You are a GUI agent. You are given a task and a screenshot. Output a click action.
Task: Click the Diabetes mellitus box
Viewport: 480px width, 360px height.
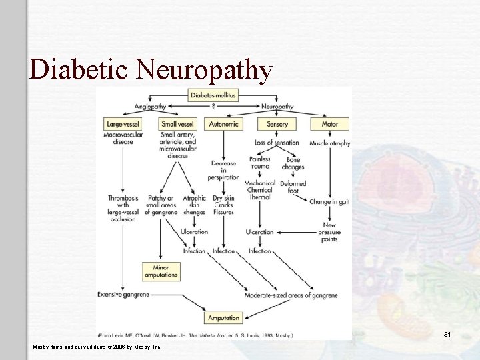tap(213, 95)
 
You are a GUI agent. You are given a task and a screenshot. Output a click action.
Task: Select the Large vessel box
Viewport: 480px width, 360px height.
tap(123, 123)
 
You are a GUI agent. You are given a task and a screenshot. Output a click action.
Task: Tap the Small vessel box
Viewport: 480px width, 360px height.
tap(177, 123)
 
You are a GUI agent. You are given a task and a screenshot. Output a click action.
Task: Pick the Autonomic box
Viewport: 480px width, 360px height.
tap(224, 124)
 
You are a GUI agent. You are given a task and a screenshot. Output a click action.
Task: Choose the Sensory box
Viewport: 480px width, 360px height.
tap(277, 124)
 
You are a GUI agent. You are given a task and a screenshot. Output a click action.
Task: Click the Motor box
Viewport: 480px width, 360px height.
tap(329, 124)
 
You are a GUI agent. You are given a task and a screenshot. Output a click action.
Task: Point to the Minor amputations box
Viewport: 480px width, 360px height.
tap(161, 271)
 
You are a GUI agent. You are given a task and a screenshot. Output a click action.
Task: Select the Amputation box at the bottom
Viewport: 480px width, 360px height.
tap(223, 318)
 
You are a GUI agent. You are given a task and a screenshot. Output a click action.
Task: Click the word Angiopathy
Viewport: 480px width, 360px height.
tap(150, 107)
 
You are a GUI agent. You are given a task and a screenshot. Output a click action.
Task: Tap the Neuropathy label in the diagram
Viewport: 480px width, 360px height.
tap(277, 107)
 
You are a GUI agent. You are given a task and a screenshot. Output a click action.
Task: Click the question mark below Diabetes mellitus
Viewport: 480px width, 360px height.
tap(213, 106)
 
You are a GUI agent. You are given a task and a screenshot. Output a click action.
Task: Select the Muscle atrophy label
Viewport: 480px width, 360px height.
tap(329, 143)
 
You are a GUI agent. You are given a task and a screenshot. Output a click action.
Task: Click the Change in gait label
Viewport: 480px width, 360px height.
tap(329, 201)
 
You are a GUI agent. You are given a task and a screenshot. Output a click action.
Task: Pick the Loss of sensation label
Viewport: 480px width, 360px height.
tap(277, 143)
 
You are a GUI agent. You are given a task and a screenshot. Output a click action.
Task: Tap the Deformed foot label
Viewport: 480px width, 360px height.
tap(293, 187)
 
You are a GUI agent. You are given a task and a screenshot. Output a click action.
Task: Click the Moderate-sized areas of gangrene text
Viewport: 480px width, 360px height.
tap(291, 295)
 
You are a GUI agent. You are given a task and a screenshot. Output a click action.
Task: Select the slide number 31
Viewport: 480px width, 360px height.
tap(447, 334)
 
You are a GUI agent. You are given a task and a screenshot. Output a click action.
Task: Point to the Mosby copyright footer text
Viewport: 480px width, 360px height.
tap(97, 347)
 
